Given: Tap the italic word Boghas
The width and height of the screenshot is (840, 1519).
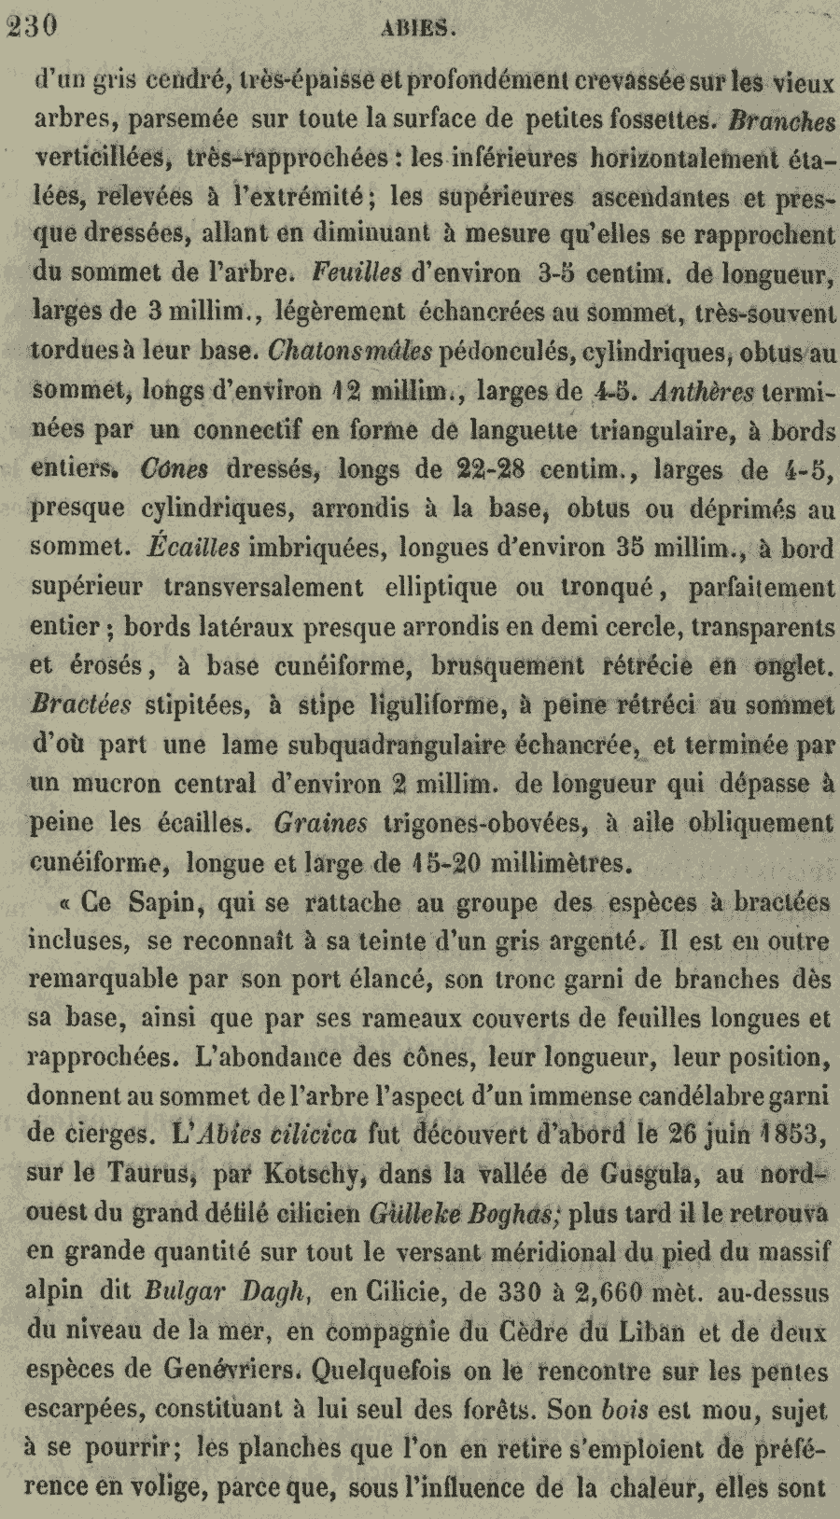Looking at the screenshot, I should point(509,1214).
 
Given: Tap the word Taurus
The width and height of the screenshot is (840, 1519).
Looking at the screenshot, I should point(128,1175).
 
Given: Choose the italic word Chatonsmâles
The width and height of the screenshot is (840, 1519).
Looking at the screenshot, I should point(349,353).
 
